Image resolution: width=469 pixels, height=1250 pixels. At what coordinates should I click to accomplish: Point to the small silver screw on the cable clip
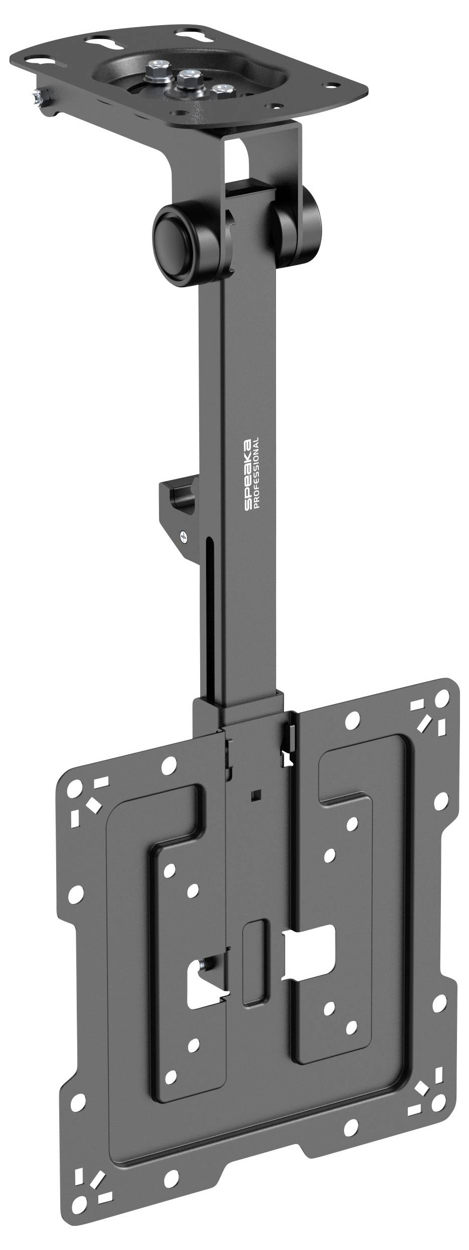[184, 537]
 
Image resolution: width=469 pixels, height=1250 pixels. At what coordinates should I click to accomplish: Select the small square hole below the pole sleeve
[256, 794]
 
